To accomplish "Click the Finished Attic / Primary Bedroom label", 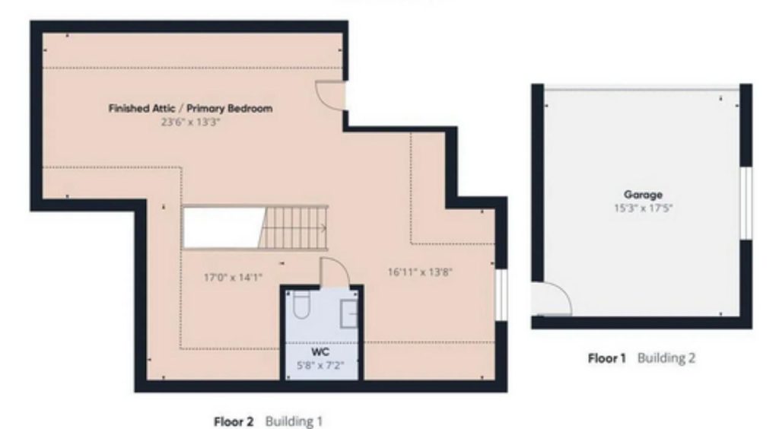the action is click(x=190, y=108).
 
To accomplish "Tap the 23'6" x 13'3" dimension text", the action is click(x=190, y=122).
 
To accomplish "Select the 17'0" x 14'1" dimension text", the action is click(x=233, y=277).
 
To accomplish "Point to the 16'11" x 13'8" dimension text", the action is click(x=420, y=272).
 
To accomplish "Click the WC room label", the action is click(x=320, y=352).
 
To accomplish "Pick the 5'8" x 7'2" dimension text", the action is click(x=320, y=366).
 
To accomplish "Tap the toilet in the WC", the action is click(x=301, y=304).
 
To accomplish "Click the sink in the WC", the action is click(x=348, y=314).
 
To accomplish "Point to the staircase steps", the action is click(x=293, y=227).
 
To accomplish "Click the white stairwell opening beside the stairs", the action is click(x=224, y=227).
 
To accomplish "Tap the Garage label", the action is click(x=643, y=195).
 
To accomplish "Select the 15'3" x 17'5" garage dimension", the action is click(x=643, y=208).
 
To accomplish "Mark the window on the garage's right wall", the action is click(x=746, y=203).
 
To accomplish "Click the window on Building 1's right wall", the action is click(x=501, y=295).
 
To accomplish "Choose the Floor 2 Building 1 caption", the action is click(x=269, y=421).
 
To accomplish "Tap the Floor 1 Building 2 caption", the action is click(x=641, y=358).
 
